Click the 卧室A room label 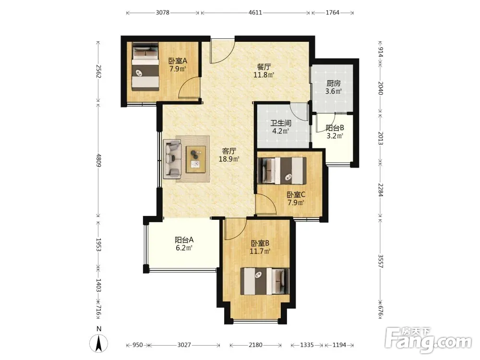[x=178, y=61]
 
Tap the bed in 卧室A [x=145, y=67]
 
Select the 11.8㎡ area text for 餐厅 [x=264, y=74]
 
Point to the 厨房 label [x=334, y=83]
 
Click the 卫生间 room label [x=281, y=123]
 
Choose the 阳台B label [x=335, y=128]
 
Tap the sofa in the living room [x=172, y=158]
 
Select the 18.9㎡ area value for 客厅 [x=229, y=159]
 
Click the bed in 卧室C [x=282, y=171]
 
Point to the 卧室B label [x=260, y=243]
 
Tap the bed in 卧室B [x=265, y=281]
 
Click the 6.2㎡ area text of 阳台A [x=184, y=248]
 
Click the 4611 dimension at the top [x=255, y=12]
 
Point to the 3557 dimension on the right [x=380, y=261]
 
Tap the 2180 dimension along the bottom [x=255, y=345]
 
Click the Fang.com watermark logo [x=429, y=339]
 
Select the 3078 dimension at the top [x=163, y=12]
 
